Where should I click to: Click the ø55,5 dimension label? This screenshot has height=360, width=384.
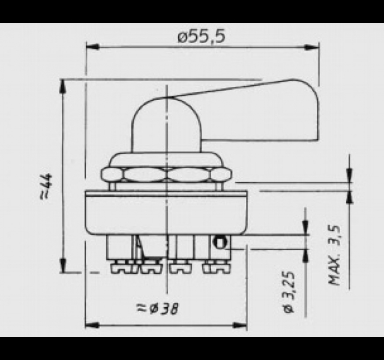tap(201, 37)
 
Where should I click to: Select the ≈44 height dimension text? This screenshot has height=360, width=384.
tap(46, 185)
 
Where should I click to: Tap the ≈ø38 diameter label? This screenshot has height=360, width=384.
tap(158, 308)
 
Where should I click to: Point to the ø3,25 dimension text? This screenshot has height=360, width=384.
tap(289, 292)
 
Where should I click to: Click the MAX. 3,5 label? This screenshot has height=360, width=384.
tap(334, 255)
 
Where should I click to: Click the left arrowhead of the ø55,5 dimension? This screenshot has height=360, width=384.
tap(92, 47)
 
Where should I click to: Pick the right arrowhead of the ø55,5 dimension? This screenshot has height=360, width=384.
tap(312, 47)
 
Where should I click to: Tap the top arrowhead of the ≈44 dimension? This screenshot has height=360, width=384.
tap(63, 86)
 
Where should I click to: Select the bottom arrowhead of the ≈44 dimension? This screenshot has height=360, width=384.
tap(63, 265)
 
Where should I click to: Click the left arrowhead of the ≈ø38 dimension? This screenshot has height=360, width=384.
tap(92, 325)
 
